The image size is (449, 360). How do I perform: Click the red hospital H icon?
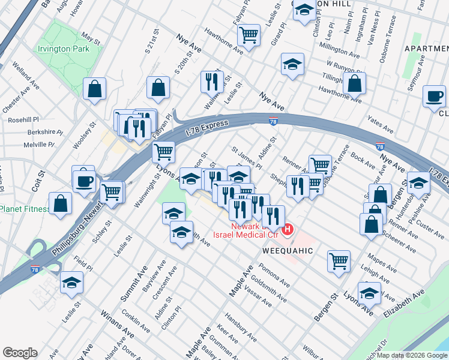click(x=288, y=229)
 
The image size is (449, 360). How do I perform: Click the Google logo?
click(x=20, y=353)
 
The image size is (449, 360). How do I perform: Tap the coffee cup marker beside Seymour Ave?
click(x=433, y=97)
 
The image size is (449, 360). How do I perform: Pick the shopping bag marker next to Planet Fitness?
click(x=61, y=203)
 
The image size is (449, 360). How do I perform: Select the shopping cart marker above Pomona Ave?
click(x=339, y=260)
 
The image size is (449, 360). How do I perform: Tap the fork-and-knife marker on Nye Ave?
click(x=211, y=81)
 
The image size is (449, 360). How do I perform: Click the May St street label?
click(x=91, y=37)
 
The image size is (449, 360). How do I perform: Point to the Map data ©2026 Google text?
click(x=412, y=355)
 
